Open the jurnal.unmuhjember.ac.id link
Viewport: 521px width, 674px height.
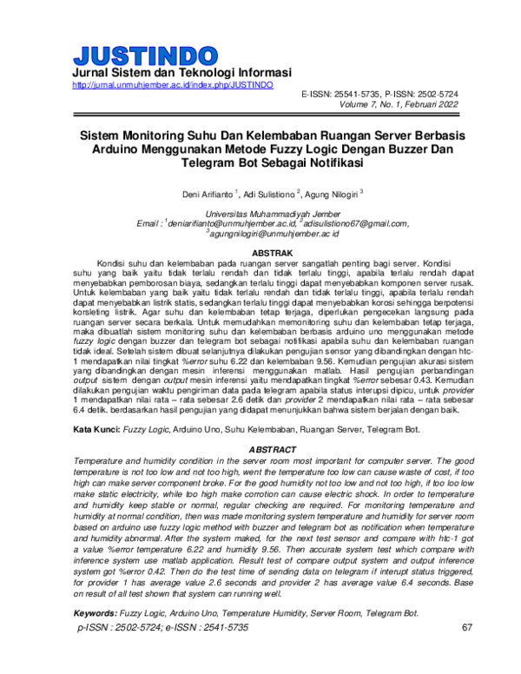[174, 85]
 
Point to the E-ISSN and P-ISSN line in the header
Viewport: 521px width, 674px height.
[379, 93]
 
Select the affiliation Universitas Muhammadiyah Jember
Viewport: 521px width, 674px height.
[261, 214]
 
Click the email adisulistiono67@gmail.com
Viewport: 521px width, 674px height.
[353, 223]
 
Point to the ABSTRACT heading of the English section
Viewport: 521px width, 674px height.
[261, 448]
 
